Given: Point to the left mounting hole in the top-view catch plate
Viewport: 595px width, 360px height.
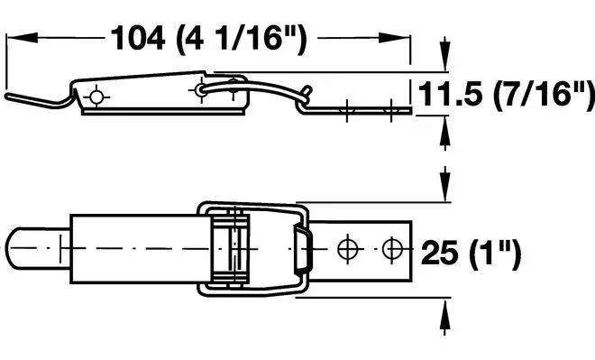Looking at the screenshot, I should (x=346, y=246).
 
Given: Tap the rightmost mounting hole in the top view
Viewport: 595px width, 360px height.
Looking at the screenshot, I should (x=389, y=246).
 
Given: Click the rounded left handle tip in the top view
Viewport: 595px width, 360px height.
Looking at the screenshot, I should (x=20, y=246).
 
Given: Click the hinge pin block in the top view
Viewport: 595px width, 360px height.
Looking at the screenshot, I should (x=229, y=246).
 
